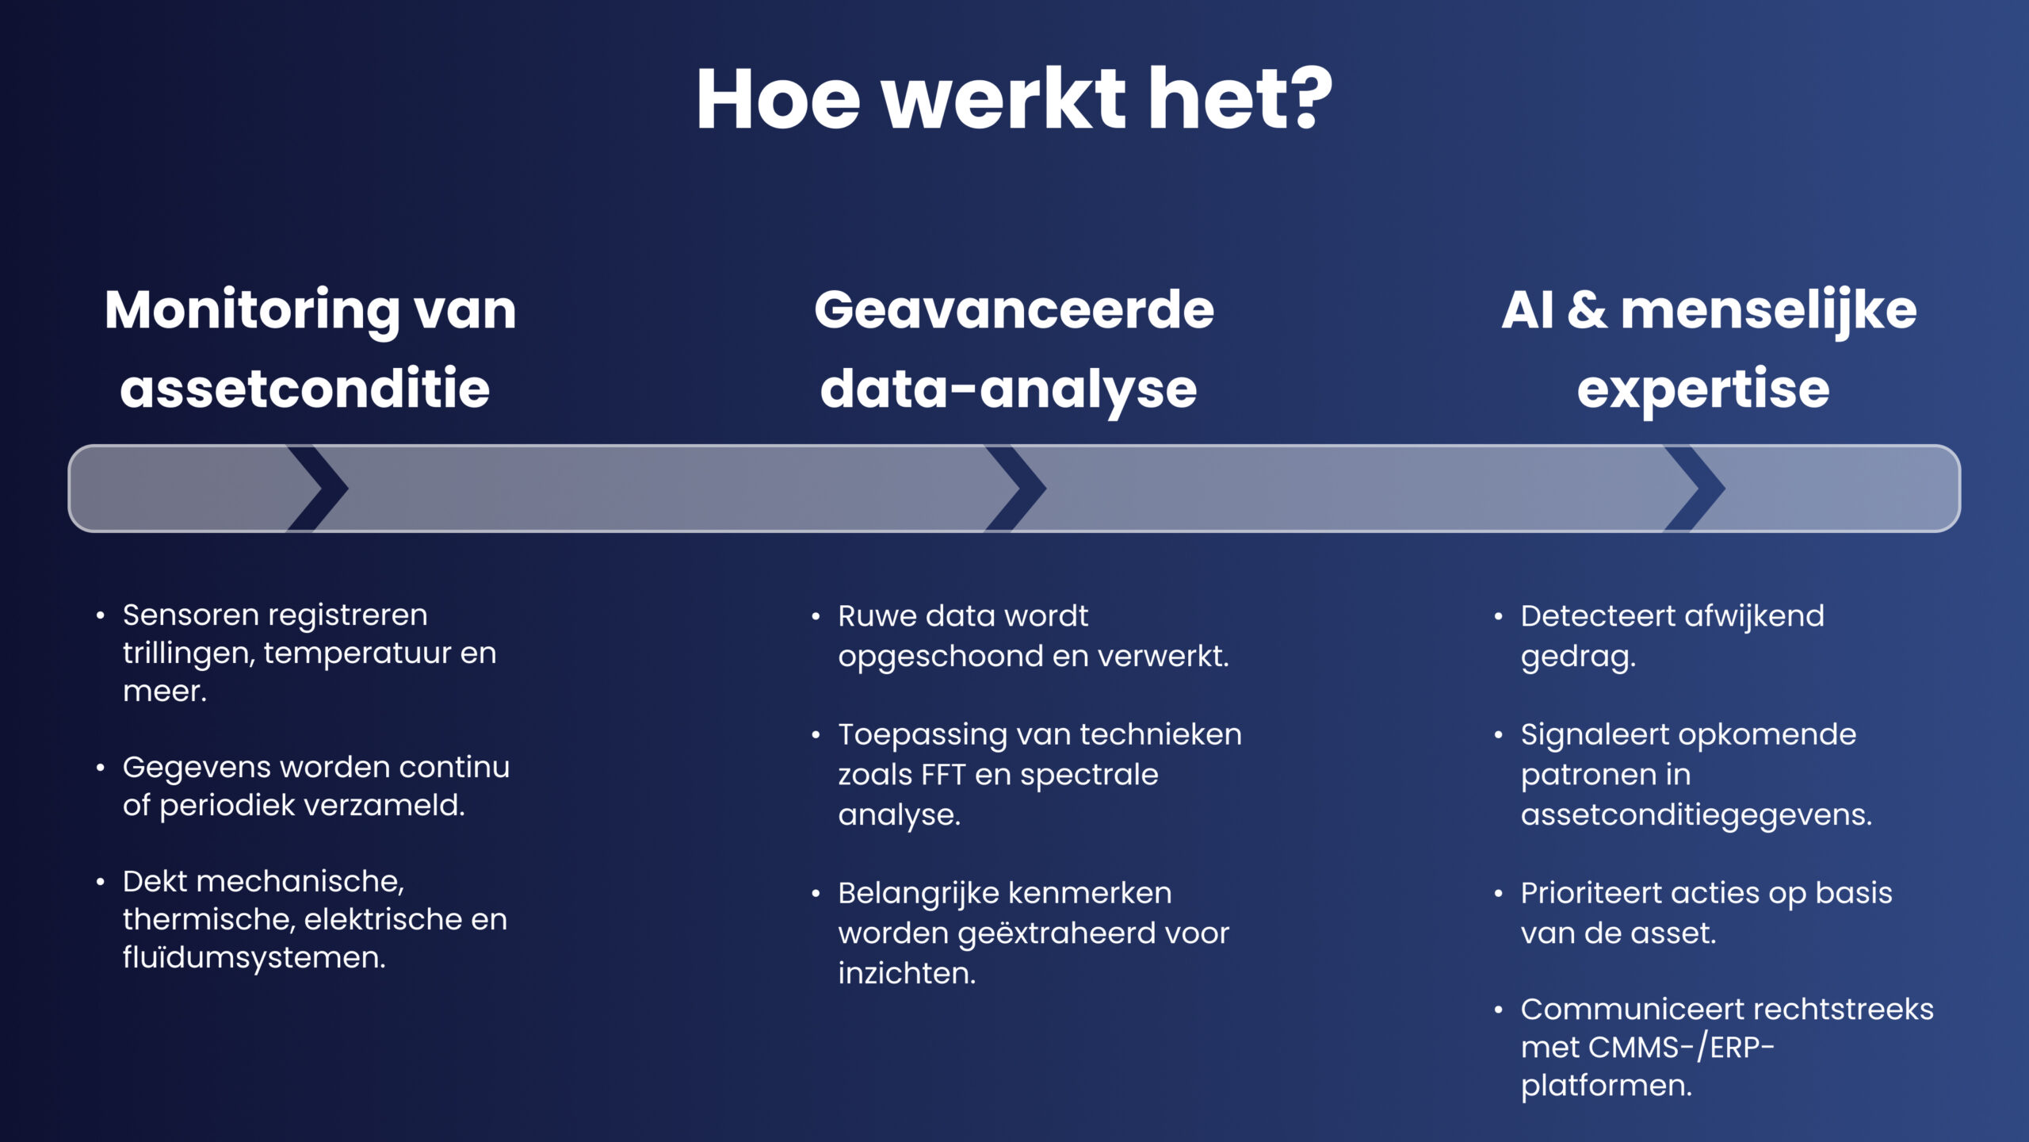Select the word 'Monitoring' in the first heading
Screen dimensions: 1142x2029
(252, 311)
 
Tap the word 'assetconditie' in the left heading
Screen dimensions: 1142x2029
(305, 389)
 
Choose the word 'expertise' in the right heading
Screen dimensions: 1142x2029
(1703, 389)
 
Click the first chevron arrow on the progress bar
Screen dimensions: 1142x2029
(318, 489)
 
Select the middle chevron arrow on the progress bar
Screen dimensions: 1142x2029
(1016, 489)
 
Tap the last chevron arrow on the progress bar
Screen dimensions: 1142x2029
(1695, 489)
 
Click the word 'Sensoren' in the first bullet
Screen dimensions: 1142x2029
(191, 615)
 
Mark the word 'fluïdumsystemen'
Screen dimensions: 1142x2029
(254, 957)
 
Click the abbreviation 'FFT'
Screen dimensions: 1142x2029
(940, 775)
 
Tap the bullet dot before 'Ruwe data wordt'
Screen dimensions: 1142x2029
(816, 616)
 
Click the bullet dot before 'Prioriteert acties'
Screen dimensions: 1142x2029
(1498, 894)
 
